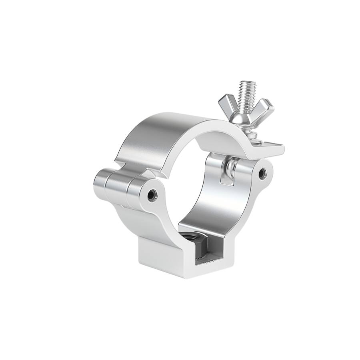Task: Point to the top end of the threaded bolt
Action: [247, 84]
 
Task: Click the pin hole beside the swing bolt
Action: [262, 172]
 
